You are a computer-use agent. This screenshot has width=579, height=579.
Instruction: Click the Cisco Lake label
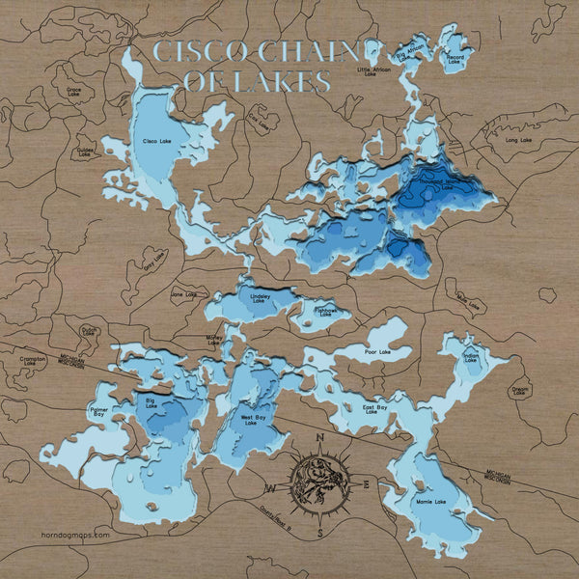(x=156, y=143)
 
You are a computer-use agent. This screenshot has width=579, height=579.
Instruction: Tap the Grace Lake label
(x=73, y=93)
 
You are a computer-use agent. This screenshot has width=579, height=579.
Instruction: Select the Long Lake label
(x=519, y=141)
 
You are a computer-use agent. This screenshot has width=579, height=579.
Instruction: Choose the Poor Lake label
(x=377, y=351)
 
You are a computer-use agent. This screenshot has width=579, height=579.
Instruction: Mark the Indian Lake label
(x=471, y=358)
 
